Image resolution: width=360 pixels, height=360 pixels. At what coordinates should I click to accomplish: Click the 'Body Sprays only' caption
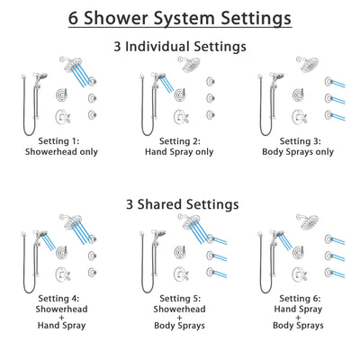coord(301,154)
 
